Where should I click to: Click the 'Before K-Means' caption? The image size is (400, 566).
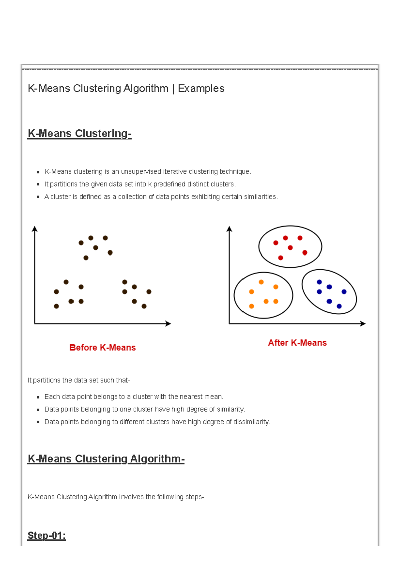click(x=102, y=348)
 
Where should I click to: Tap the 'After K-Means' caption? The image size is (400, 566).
click(x=297, y=343)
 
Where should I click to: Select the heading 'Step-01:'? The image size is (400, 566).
click(x=47, y=536)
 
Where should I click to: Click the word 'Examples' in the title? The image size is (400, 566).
click(x=201, y=89)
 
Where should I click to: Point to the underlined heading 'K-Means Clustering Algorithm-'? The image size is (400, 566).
click(x=106, y=459)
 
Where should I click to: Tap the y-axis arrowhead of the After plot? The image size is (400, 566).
click(x=229, y=229)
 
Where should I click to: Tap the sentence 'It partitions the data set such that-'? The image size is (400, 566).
click(x=79, y=380)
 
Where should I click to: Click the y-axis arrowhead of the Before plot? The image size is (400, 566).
click(x=34, y=229)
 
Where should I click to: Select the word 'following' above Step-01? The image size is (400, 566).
click(x=170, y=497)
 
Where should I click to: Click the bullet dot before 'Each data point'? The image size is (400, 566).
click(x=38, y=397)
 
